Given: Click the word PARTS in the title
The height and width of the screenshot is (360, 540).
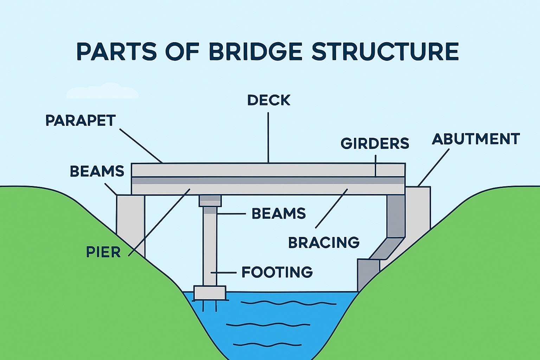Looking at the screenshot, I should (116, 52).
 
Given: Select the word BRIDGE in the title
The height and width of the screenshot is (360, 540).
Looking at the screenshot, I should (256, 52).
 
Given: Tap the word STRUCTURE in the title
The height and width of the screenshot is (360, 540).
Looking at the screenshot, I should (385, 52).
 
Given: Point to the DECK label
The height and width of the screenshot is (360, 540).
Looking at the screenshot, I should (269, 100).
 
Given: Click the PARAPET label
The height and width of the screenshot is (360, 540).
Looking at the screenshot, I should (81, 121).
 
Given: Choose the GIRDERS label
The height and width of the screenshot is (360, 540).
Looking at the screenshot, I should (375, 143).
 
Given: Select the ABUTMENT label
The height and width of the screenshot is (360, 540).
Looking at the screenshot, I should (476, 139).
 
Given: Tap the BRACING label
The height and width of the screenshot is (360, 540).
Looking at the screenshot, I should (324, 243).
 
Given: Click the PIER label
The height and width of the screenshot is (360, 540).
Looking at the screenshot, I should (103, 252).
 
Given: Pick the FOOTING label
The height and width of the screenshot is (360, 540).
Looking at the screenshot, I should (277, 272).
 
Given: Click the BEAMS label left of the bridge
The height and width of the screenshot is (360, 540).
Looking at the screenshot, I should (97, 171).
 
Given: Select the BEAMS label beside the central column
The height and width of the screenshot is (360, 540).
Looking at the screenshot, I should (279, 214).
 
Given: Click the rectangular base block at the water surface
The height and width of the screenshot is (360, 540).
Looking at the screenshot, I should (210, 292).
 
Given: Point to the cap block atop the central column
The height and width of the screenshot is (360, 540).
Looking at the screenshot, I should (210, 201).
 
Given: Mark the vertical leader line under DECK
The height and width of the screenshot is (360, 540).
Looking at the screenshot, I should (268, 137).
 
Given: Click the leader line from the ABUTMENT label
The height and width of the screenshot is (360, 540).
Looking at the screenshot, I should (433, 167).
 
